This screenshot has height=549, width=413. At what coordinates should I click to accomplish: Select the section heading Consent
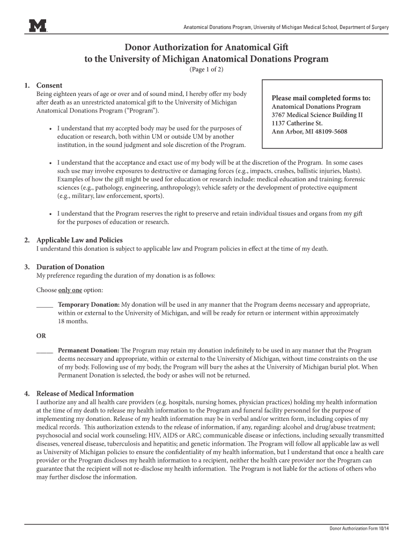click(49, 85)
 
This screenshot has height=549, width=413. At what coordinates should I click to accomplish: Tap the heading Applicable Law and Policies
click(79, 240)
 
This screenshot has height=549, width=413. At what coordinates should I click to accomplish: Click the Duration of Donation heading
click(70, 267)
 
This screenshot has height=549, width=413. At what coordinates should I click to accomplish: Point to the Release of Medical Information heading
click(85, 394)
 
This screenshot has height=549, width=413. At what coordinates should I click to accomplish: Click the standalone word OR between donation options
click(41, 336)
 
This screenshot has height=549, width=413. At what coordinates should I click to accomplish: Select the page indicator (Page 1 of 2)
click(206, 70)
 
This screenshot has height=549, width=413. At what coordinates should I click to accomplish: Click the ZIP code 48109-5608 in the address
click(328, 131)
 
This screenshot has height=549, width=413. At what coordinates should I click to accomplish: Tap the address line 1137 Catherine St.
click(297, 123)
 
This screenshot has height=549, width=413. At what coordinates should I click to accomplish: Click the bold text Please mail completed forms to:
click(321, 98)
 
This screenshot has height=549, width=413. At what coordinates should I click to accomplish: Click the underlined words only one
click(70, 290)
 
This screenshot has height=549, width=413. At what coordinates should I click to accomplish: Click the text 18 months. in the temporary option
click(73, 321)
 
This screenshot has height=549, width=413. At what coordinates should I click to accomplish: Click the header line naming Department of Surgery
click(286, 27)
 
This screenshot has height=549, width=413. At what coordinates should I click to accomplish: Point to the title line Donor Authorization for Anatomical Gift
click(206, 47)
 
